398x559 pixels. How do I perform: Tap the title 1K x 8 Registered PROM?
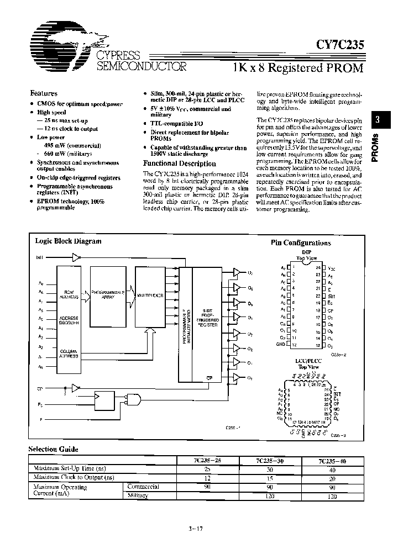tap(298, 68)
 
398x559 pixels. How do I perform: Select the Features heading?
tap(44, 93)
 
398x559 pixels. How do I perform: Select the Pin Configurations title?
tap(300, 242)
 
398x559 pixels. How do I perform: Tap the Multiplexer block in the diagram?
tap(151, 296)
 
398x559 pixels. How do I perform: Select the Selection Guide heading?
tap(54, 450)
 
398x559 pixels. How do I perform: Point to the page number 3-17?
tap(196, 529)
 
